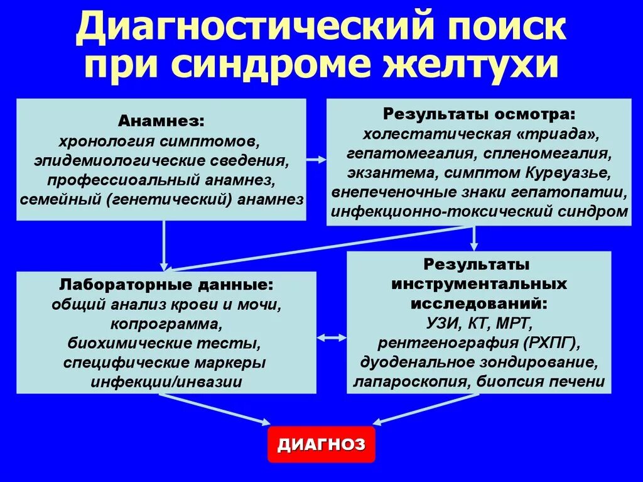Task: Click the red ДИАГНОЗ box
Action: (321, 444)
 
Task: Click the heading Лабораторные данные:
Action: (166, 284)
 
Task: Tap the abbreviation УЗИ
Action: (443, 324)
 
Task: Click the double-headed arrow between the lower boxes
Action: (331, 337)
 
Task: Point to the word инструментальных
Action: (478, 283)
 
